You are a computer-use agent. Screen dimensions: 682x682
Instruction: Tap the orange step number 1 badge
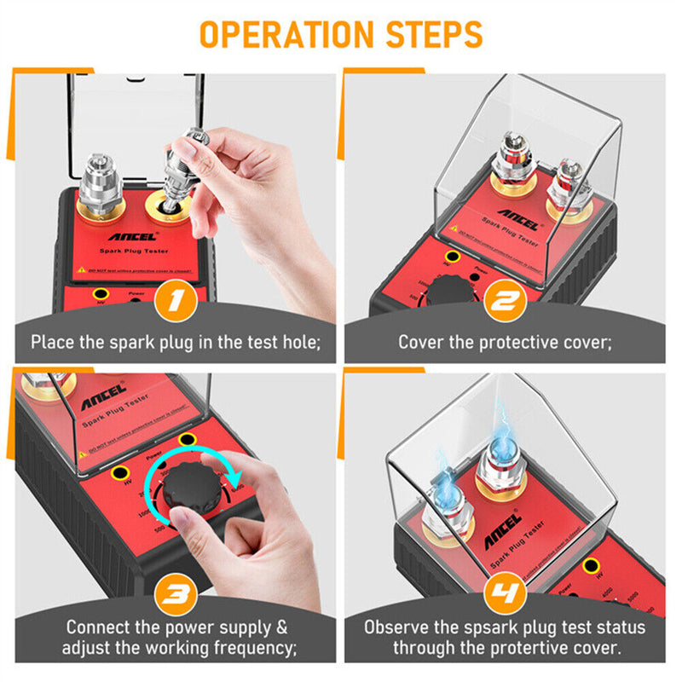coord(177,302)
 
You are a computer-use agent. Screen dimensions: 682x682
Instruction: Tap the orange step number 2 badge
coord(504,302)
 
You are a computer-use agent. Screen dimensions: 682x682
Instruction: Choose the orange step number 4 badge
coord(504,591)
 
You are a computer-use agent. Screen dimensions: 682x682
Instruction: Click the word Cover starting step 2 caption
coord(420,342)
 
